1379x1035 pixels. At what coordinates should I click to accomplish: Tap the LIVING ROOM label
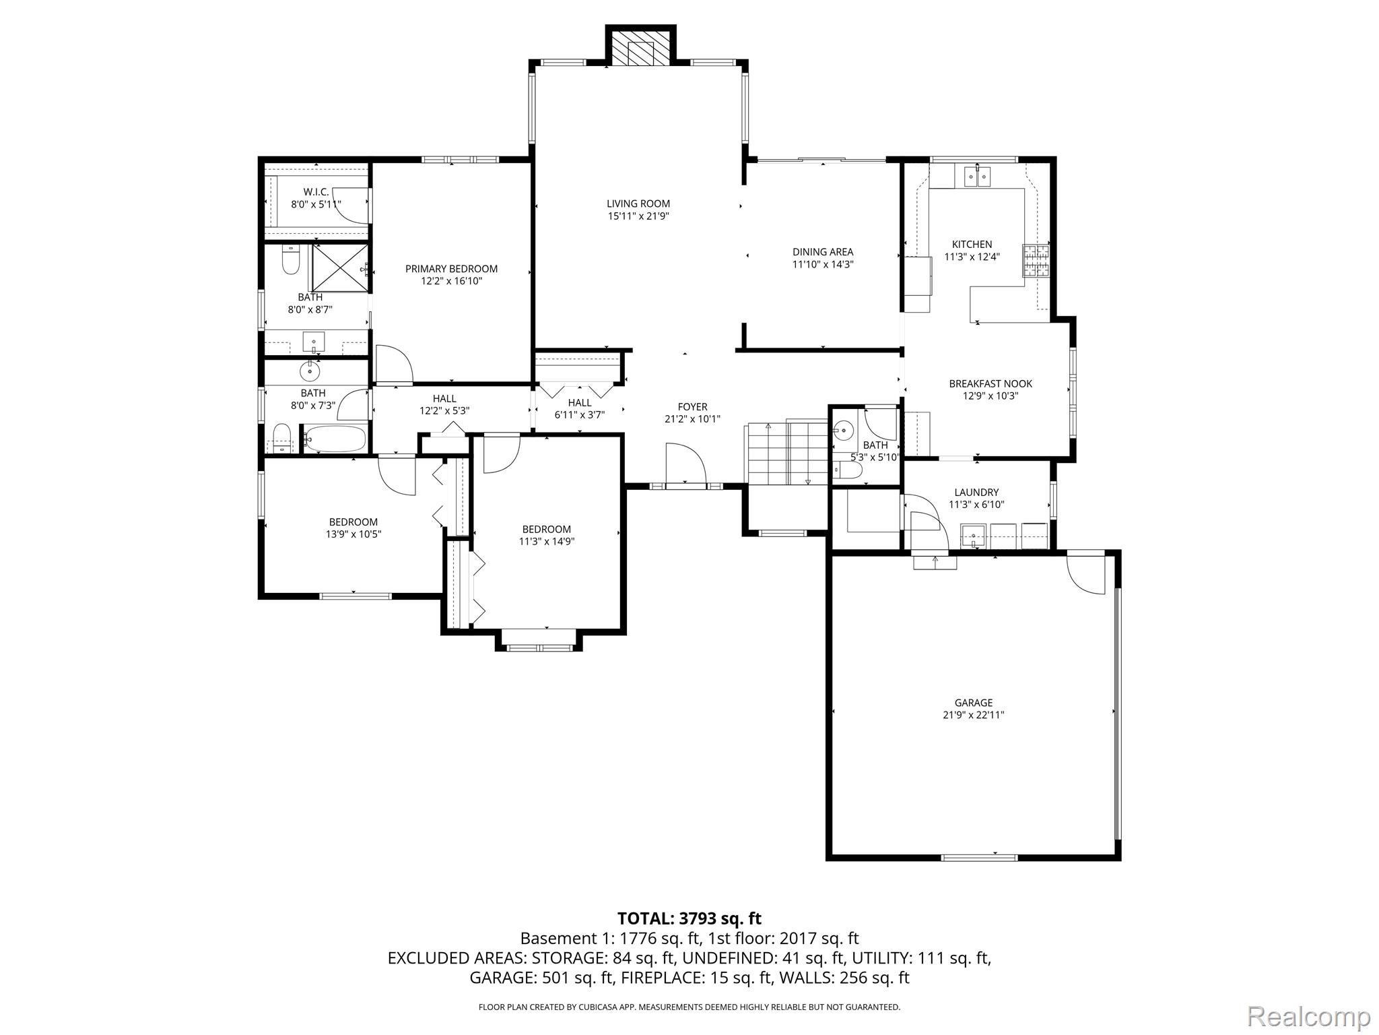638,203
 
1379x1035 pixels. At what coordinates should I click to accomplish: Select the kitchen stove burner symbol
1036,261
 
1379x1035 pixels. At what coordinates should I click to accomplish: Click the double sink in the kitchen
977,177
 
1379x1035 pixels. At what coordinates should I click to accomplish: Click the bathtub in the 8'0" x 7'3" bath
335,439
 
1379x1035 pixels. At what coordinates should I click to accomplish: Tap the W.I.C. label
316,192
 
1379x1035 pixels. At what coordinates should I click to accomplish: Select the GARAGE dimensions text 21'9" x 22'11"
973,715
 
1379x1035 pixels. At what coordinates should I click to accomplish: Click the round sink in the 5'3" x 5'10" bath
842,428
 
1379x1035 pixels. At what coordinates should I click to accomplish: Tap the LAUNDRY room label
976,493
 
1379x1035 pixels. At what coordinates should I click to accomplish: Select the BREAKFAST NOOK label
990,383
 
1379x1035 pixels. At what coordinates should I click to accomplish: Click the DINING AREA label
822,252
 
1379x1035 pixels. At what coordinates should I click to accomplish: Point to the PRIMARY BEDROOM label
451,269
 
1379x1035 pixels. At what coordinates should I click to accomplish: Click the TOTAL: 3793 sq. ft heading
689,918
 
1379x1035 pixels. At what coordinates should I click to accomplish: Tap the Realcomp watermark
1308,1016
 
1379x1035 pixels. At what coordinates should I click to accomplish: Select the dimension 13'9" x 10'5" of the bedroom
353,534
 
